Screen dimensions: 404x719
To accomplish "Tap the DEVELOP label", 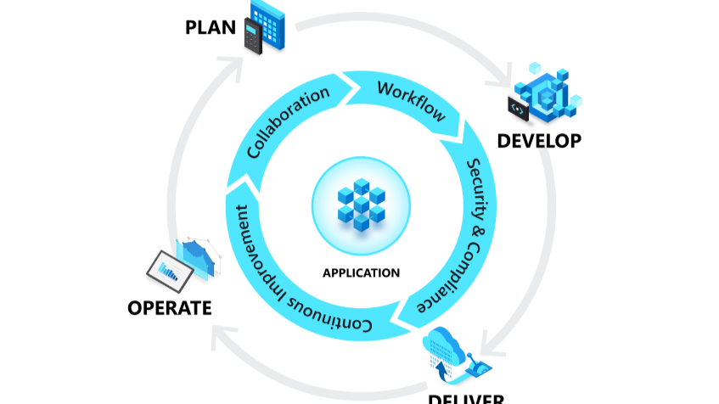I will [540, 140].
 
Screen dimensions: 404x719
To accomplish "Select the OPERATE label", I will [169, 307].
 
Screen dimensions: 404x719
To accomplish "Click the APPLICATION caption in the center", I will [361, 273].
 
